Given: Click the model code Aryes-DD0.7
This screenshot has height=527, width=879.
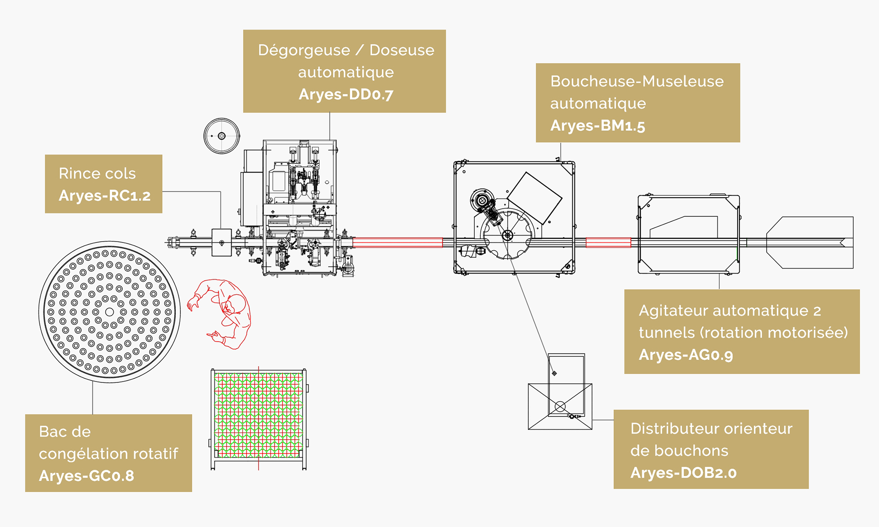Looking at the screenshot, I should (346, 94).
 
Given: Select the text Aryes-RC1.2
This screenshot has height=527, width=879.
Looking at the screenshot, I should (104, 196).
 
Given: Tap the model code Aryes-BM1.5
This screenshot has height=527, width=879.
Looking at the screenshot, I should (597, 125).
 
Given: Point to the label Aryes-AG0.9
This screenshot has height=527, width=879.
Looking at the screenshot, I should (686, 355).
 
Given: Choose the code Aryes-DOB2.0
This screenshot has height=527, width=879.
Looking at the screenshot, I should (683, 473).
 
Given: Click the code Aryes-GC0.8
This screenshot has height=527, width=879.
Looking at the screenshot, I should (87, 476).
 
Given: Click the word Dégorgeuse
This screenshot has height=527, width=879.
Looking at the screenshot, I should (304, 50).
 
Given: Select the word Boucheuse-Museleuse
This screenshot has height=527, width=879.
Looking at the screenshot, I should (637, 81).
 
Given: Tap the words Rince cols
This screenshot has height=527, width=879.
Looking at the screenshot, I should (97, 173).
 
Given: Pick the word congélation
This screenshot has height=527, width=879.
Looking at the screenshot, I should (81, 454).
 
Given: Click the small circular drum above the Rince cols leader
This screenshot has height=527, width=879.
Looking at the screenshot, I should (222, 136).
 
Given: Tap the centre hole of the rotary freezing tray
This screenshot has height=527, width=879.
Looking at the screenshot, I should (109, 312).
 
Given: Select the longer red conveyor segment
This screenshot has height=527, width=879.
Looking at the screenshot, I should (397, 242).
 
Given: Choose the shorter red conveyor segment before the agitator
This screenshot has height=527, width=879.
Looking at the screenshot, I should (608, 242).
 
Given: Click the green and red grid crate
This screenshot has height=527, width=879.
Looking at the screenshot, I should (259, 415).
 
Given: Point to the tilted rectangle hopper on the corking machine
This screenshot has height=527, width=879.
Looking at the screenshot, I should (534, 198).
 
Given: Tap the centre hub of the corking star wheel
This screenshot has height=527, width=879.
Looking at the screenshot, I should (507, 236).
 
